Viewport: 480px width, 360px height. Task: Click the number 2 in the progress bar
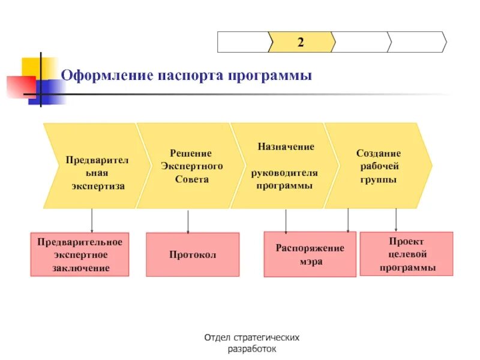(300, 42)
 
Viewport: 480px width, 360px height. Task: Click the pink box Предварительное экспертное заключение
(80, 254)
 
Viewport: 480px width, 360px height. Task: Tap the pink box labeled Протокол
(193, 254)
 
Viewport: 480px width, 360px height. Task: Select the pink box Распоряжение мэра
(310, 254)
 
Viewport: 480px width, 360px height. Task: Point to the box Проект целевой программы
(407, 254)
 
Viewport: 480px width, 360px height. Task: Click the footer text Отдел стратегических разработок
(252, 343)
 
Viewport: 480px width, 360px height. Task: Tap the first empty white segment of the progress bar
(242, 42)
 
